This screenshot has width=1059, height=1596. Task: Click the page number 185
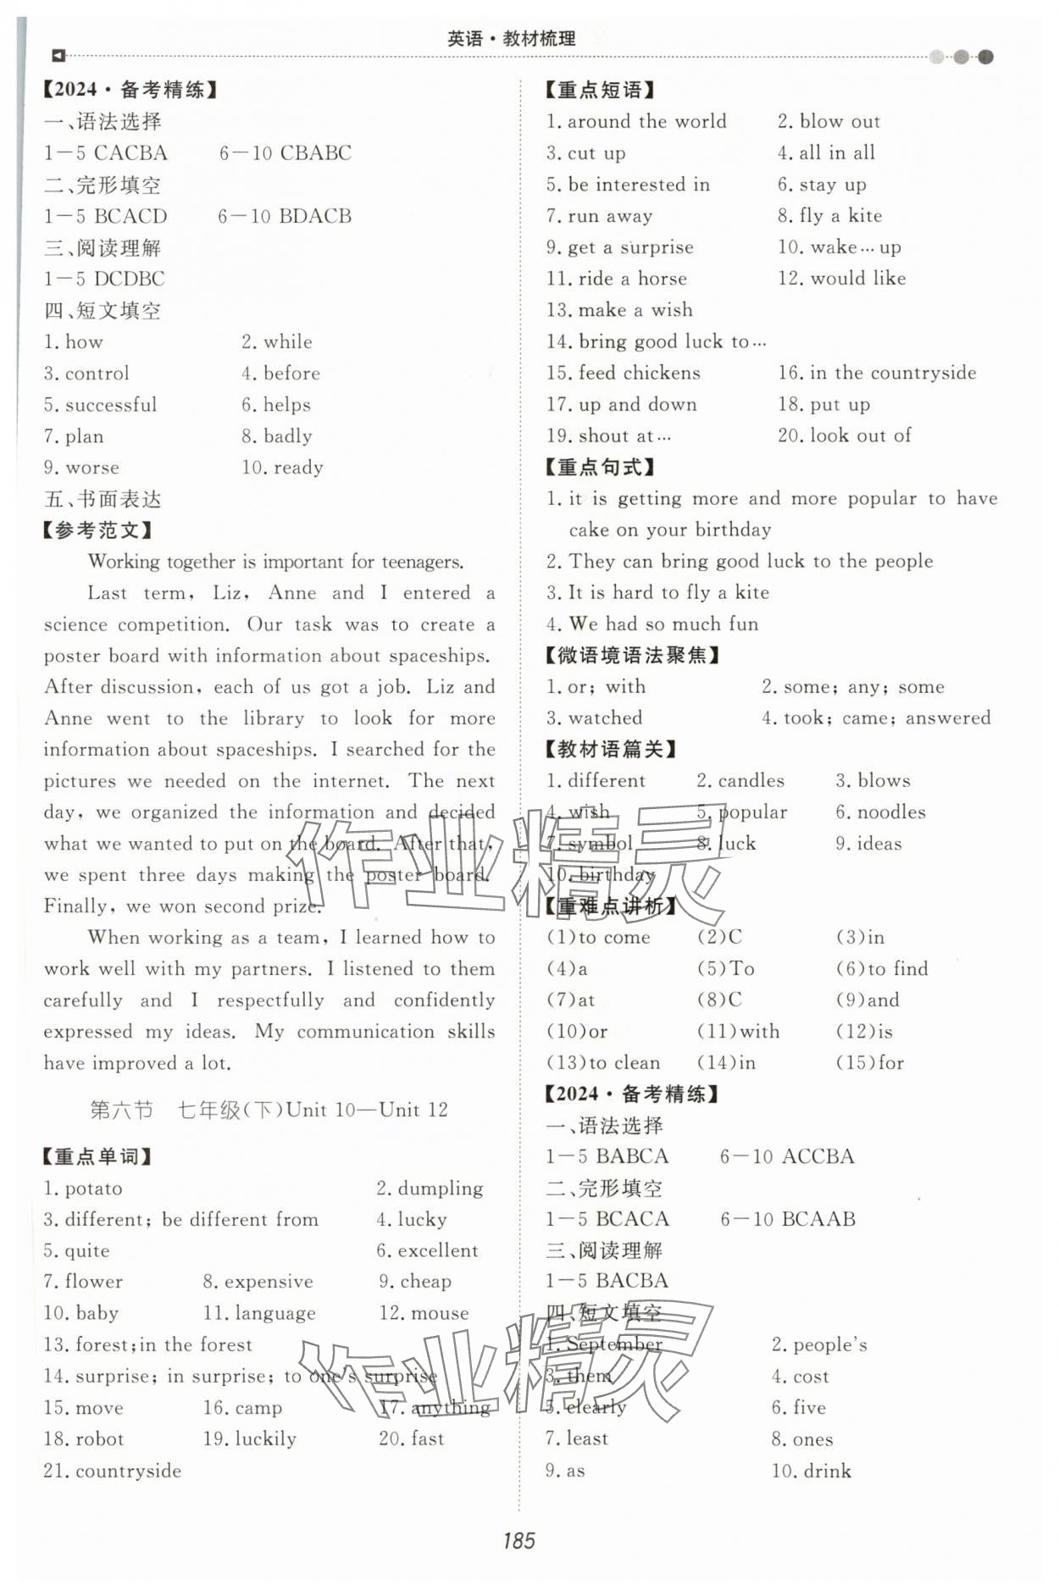click(518, 1539)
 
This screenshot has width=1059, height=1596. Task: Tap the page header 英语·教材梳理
click(511, 38)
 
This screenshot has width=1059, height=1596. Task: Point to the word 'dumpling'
click(440, 1188)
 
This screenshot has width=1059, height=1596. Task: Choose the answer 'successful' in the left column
click(111, 405)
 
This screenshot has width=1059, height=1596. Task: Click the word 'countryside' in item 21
click(128, 1471)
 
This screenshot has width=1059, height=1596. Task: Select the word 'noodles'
click(891, 812)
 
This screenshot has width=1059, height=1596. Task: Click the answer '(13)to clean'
click(603, 1062)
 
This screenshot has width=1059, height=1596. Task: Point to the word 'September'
click(614, 1344)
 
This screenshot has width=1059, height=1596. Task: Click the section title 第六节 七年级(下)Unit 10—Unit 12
click(269, 1110)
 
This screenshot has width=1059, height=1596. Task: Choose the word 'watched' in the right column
click(605, 718)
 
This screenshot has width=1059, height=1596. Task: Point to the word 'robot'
click(99, 1438)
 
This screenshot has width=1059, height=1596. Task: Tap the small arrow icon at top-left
click(58, 56)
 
